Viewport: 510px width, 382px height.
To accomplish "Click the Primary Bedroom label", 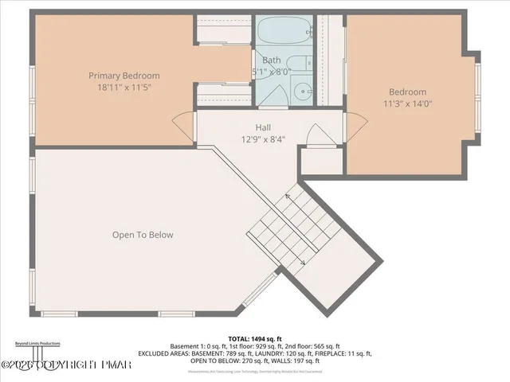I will (120, 76).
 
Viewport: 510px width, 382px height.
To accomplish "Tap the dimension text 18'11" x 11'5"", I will (120, 88).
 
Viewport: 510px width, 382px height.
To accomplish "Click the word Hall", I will (263, 127).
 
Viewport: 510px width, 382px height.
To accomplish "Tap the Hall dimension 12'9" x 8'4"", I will (263, 139).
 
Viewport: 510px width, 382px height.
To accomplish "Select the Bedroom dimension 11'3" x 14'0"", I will (407, 103).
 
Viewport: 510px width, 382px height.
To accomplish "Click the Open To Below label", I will (143, 235).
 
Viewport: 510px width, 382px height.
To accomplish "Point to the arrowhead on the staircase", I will (303, 263).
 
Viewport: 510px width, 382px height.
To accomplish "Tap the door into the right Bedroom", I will (356, 127).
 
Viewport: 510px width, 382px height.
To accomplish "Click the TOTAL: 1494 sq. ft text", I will (254, 338).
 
